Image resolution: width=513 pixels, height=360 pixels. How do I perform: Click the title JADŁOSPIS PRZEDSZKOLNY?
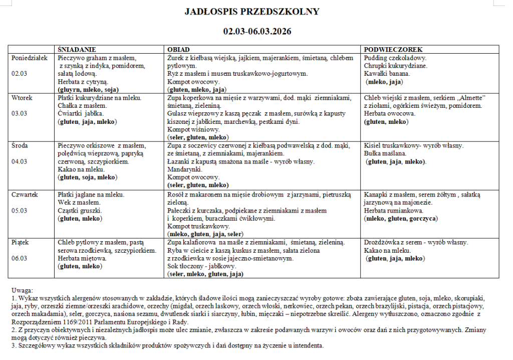[251, 12]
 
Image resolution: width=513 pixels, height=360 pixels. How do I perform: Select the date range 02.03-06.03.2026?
[257, 31]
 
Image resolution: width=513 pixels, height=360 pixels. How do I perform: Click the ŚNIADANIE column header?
[77, 50]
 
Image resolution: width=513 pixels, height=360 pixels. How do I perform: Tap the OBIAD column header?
[178, 50]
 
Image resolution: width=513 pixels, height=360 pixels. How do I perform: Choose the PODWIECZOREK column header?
[393, 50]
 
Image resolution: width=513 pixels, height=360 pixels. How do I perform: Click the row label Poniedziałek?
[30, 58]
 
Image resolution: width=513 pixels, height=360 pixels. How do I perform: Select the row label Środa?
[21, 146]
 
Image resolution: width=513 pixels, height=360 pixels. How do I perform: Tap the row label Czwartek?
[25, 194]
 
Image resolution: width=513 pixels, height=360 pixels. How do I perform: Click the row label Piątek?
[20, 242]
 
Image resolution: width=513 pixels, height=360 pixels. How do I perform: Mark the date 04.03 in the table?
[20, 161]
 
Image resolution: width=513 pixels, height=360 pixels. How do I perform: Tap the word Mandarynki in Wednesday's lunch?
[183, 169]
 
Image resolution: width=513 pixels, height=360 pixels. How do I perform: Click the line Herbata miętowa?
[82, 258]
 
